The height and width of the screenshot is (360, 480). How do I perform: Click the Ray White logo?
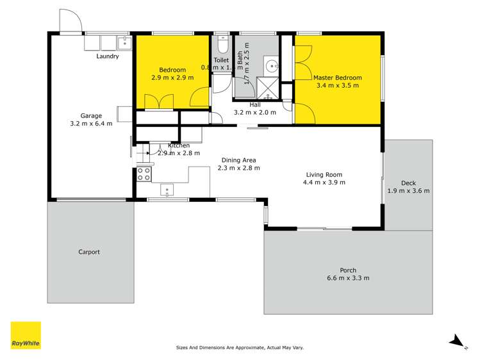point(26,335)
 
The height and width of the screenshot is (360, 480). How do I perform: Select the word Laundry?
point(108,56)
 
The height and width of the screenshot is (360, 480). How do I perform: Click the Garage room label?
point(91,117)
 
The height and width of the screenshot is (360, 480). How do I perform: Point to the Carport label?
point(89,252)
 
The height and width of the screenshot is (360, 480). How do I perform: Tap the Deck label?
point(408,183)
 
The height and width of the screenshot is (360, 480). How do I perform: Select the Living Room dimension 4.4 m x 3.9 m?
point(324,183)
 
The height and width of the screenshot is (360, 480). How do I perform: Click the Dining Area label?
point(238,160)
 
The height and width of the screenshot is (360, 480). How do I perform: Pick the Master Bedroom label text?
point(337,78)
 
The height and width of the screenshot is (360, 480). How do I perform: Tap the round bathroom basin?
point(272,65)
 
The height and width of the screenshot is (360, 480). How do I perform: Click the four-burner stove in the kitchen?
point(144,174)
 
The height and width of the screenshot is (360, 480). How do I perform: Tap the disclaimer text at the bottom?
point(240,348)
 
